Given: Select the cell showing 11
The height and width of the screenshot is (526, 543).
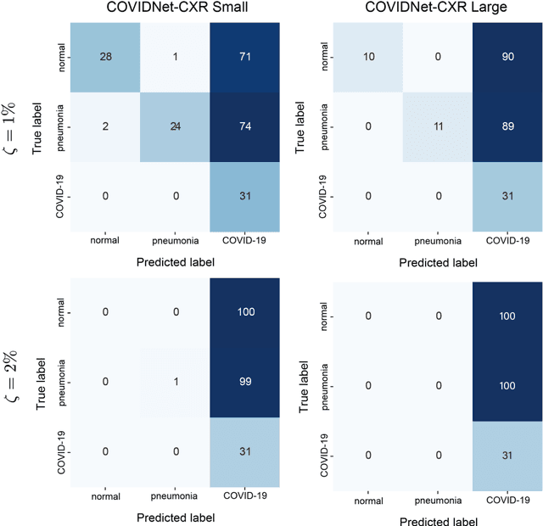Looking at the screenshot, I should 436,128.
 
